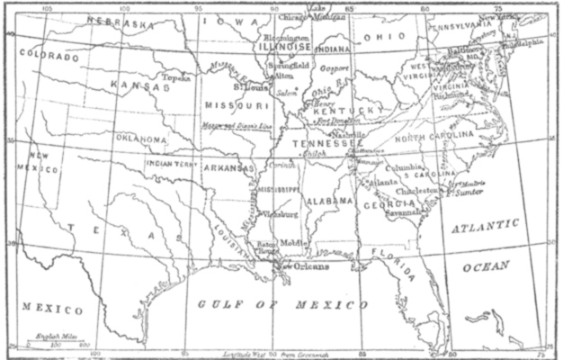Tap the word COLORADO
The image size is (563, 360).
pos(49,56)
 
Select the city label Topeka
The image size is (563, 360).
pos(177,77)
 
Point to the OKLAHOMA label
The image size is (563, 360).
pos(140,139)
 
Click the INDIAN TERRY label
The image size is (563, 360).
pos(171,165)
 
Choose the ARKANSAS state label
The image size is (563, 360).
pos(228,167)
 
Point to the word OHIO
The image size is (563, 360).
pos(382,38)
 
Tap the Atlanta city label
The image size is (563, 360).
pos(384,182)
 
